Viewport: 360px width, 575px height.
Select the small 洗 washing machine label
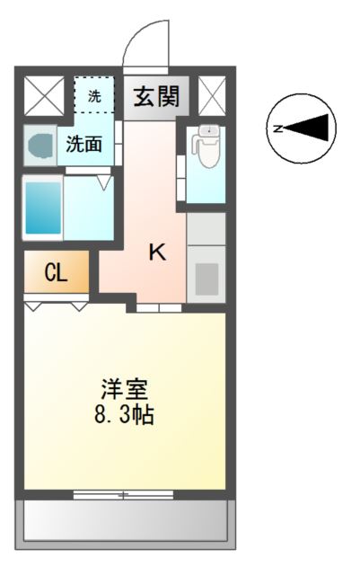93,93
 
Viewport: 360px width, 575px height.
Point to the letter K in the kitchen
156,253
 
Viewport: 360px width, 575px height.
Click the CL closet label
56,274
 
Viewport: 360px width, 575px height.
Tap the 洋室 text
124,392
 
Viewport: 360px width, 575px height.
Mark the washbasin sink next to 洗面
40,144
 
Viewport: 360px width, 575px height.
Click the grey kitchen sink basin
206,279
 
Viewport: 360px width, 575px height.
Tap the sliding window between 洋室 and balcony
124,493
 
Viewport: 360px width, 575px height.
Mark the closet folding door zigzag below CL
56,306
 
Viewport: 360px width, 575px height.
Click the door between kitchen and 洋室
159,308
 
